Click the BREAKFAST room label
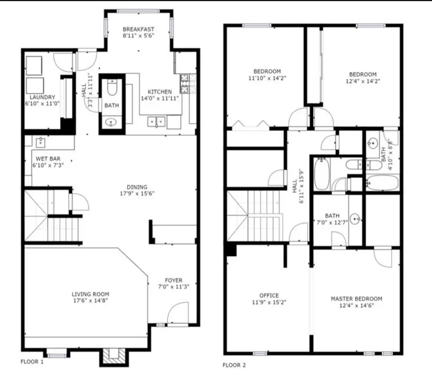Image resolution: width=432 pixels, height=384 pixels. pos(139,28)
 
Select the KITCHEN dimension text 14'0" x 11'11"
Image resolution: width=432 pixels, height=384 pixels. pos(159,99)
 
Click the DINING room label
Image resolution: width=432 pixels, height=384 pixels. pos(137,187)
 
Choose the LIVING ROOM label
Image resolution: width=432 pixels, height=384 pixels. pos(90,294)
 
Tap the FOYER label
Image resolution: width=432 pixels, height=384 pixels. pos(173,280)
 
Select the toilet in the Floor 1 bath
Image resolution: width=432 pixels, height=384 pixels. pos(111,88)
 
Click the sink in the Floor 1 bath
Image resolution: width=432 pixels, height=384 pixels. pos(111,123)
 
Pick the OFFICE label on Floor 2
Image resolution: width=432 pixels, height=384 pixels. pos(268,295)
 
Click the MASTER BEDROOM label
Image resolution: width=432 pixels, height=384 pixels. pos(356,298)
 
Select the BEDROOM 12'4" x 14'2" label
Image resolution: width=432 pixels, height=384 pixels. pos(362,74)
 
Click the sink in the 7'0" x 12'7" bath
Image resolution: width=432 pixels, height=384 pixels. pos(355,219)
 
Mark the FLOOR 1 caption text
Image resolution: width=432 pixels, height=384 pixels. pos(32,362)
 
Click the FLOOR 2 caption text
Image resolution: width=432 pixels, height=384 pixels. pos(234,365)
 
